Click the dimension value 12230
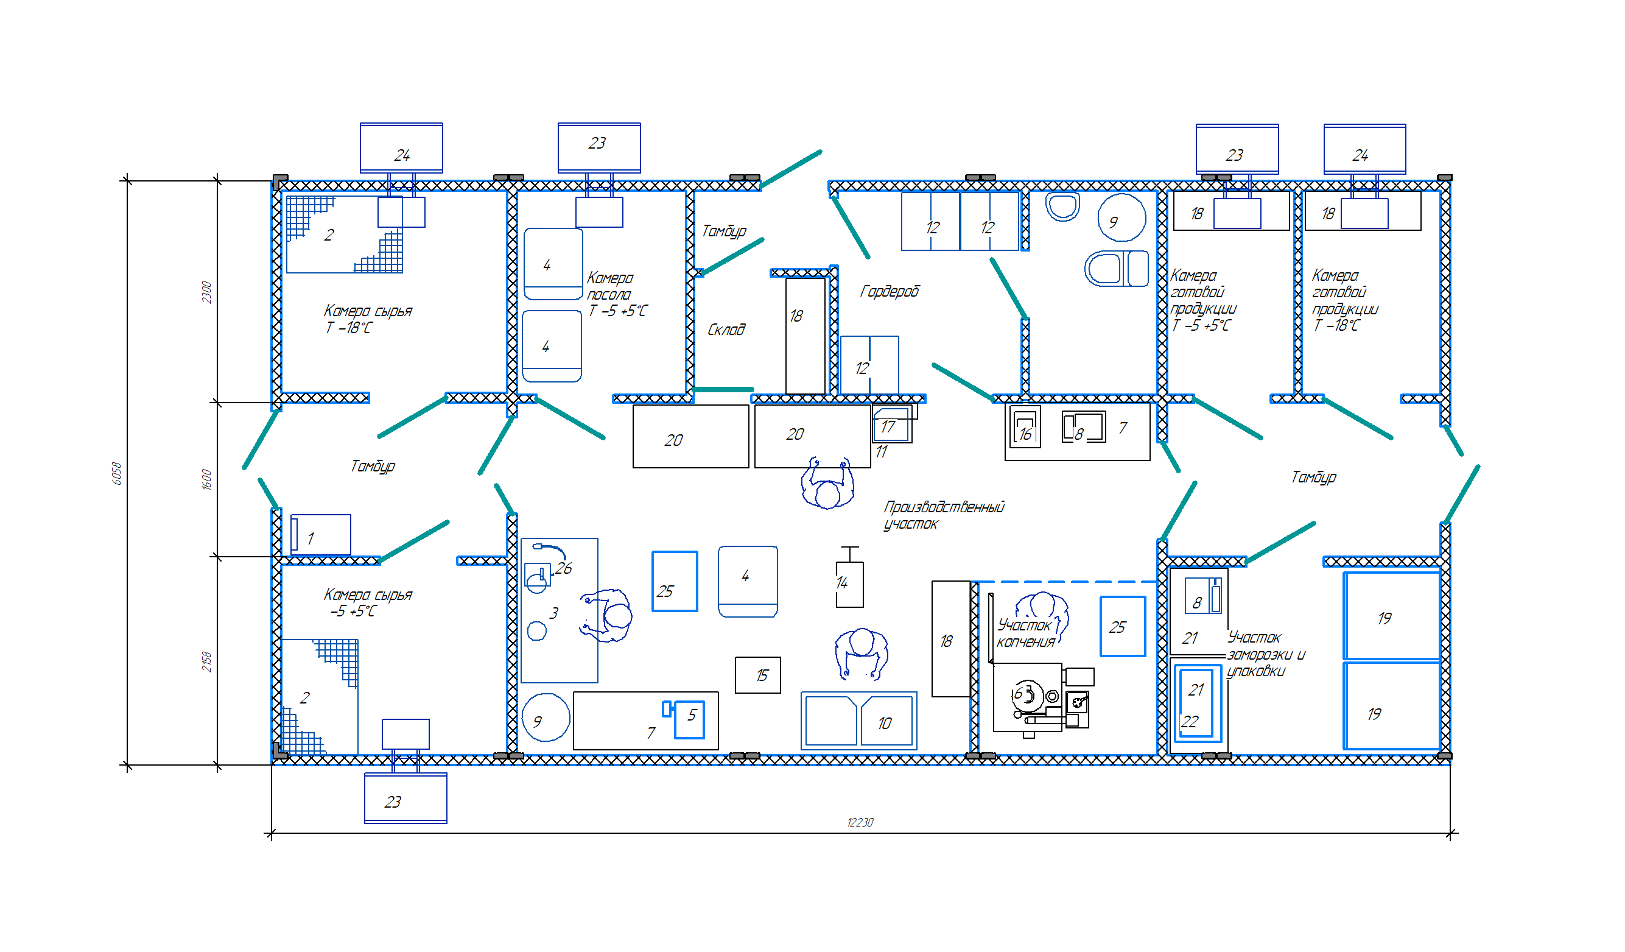click(x=860, y=822)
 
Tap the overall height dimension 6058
click(x=117, y=473)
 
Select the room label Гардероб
click(x=890, y=292)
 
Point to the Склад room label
click(x=726, y=330)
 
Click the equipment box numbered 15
click(x=757, y=675)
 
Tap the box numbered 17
click(x=892, y=425)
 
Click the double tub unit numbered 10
click(x=858, y=721)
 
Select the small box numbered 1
click(x=320, y=535)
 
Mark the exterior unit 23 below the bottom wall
click(x=405, y=799)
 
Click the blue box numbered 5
click(x=689, y=719)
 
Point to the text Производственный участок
click(x=944, y=515)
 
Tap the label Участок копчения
click(x=1025, y=633)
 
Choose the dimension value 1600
click(x=206, y=479)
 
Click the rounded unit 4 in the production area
click(x=748, y=582)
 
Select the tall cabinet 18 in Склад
click(x=805, y=336)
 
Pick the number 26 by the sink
click(x=564, y=568)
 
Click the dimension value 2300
click(x=206, y=292)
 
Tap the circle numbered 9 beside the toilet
click(x=1121, y=218)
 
